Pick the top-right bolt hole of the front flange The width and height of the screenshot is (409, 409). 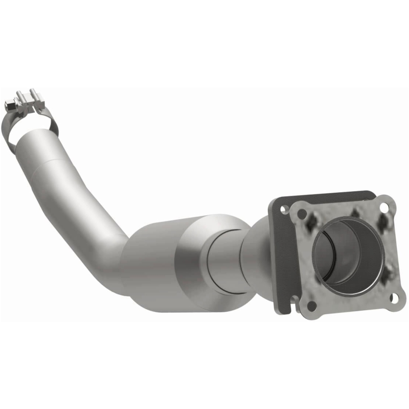click(x=391, y=208)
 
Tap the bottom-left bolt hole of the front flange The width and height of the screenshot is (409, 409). click(x=311, y=305)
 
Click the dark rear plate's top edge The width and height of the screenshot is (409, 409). click(x=327, y=195)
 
